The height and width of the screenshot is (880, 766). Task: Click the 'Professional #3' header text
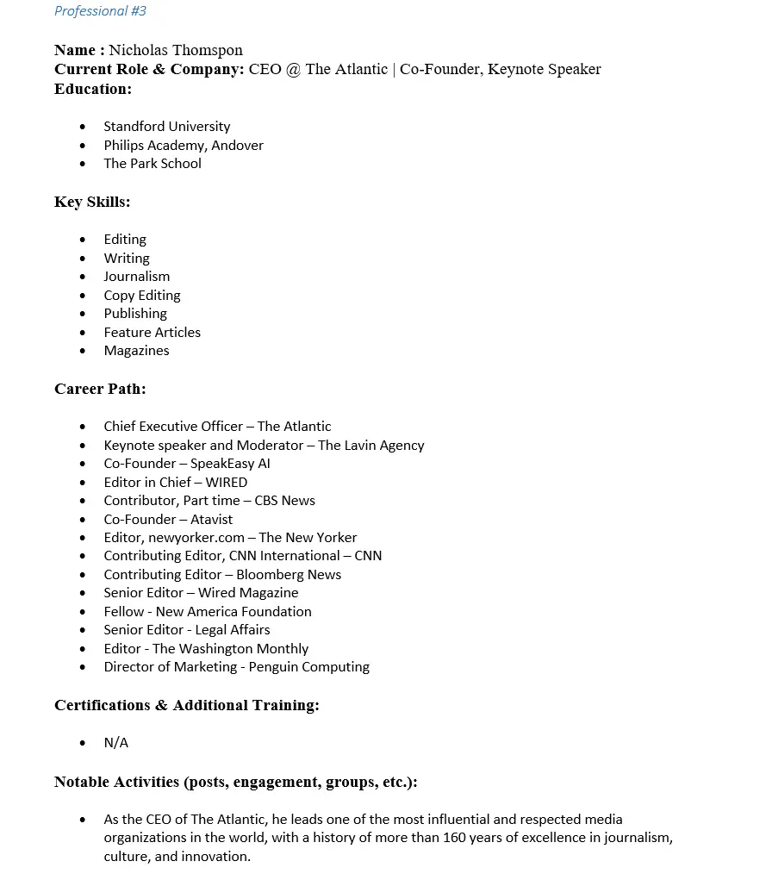100,11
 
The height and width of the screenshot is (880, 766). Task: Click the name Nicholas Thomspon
176,50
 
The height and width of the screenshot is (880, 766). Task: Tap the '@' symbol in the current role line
293,69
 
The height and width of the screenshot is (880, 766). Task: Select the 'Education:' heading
93,89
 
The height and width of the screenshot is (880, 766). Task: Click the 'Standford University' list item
167,127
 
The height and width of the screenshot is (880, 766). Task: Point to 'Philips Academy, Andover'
184,146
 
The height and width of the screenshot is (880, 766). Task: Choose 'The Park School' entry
153,164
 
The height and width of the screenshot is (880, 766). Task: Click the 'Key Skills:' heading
92,202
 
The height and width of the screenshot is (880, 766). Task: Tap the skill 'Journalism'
137,277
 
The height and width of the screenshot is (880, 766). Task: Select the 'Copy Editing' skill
142,296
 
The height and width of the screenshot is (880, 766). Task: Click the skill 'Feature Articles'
153,333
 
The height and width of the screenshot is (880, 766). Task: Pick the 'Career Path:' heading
100,389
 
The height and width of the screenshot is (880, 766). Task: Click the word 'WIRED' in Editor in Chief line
226,483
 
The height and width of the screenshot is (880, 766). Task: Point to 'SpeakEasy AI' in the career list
230,464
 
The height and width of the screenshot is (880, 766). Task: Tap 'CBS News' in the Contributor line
284,501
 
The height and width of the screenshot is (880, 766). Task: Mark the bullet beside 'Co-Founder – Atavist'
83,520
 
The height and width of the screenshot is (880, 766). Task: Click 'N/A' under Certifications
116,743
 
